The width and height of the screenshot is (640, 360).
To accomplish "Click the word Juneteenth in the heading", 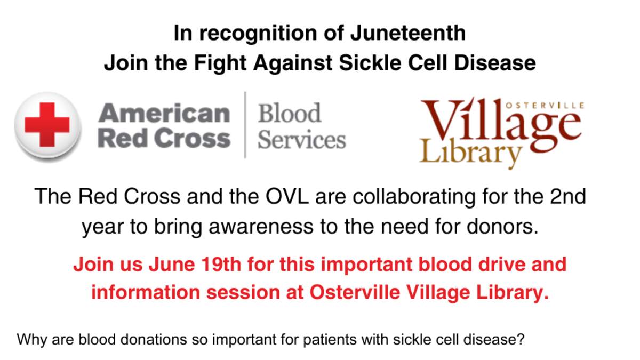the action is pos(408,33).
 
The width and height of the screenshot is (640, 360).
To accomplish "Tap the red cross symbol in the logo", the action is pos(47,125).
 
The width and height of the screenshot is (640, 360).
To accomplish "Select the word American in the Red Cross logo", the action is pos(164,113).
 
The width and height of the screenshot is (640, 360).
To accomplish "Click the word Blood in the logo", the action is pos(290,113).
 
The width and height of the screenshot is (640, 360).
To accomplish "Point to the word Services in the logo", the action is pos(302,139).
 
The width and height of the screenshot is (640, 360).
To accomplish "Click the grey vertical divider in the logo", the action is pos(245,125).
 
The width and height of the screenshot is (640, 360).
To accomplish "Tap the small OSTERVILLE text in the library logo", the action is pos(545,106).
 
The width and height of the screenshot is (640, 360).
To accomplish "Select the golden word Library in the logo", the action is pos(470,153).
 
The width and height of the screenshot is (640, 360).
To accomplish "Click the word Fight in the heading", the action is pos(220,63).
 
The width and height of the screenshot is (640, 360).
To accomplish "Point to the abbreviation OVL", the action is pos(287,197).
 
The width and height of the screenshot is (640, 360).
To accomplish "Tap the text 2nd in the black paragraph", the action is pos(567,197).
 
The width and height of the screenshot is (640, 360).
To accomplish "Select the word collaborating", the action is pos(414,197).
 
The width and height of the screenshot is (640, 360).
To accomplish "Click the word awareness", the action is pos(261,227).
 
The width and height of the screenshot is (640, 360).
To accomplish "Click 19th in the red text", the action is pos(221,265).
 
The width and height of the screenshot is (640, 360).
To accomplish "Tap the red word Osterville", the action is pos(355,292).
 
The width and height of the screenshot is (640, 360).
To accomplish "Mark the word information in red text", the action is pos(146,292).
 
